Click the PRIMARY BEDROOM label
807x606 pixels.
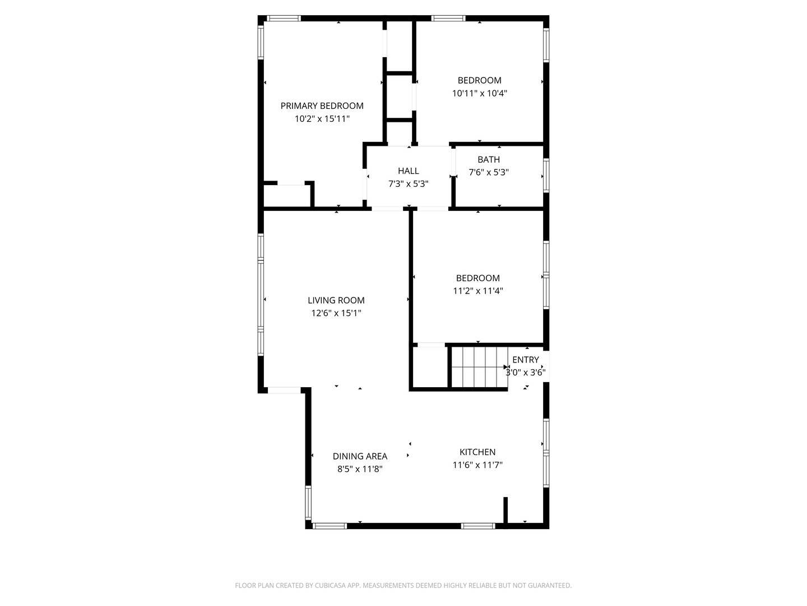click(x=322, y=105)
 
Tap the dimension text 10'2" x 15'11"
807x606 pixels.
click(x=322, y=118)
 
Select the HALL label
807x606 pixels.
click(x=408, y=171)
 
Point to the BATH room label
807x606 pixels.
click(x=489, y=159)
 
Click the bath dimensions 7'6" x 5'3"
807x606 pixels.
click(x=489, y=172)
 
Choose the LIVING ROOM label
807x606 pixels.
click(x=336, y=300)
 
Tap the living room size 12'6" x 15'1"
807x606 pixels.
click(x=336, y=313)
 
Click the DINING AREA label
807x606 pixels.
click(x=360, y=456)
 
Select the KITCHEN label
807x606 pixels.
click(x=477, y=452)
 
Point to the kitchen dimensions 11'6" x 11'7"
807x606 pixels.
click(x=477, y=465)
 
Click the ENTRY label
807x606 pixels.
click(x=526, y=360)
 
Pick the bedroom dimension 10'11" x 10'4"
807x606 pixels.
click(x=480, y=93)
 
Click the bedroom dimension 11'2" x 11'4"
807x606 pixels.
click(x=478, y=291)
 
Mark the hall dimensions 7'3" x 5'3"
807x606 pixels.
click(x=408, y=183)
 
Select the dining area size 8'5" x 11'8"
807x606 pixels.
click(x=360, y=469)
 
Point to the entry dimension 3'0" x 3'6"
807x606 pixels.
click(x=526, y=372)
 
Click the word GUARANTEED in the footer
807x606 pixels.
click(x=549, y=585)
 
